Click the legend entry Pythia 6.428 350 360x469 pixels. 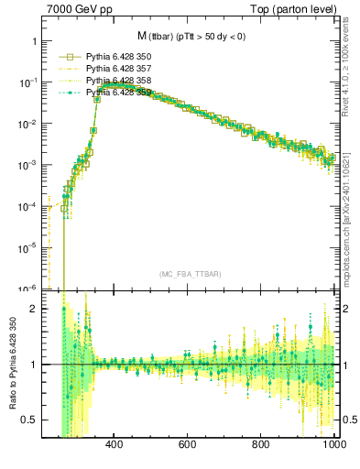116,56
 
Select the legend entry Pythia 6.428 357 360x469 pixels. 116,68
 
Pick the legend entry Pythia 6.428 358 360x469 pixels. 116,80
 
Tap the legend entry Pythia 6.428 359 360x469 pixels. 116,92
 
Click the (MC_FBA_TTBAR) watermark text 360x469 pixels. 190,274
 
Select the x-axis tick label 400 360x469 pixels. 115,446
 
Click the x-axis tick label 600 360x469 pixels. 188,446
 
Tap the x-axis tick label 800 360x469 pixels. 262,446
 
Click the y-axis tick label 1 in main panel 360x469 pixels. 33,42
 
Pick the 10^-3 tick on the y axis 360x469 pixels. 27,166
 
